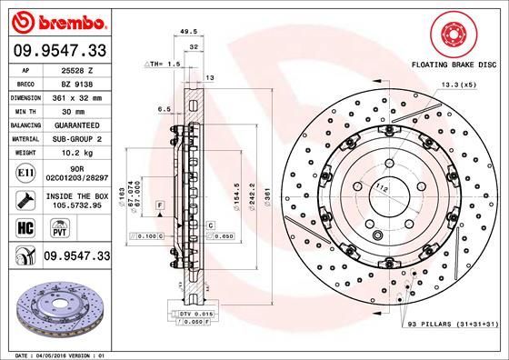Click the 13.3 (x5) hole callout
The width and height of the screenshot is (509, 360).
(456, 85)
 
